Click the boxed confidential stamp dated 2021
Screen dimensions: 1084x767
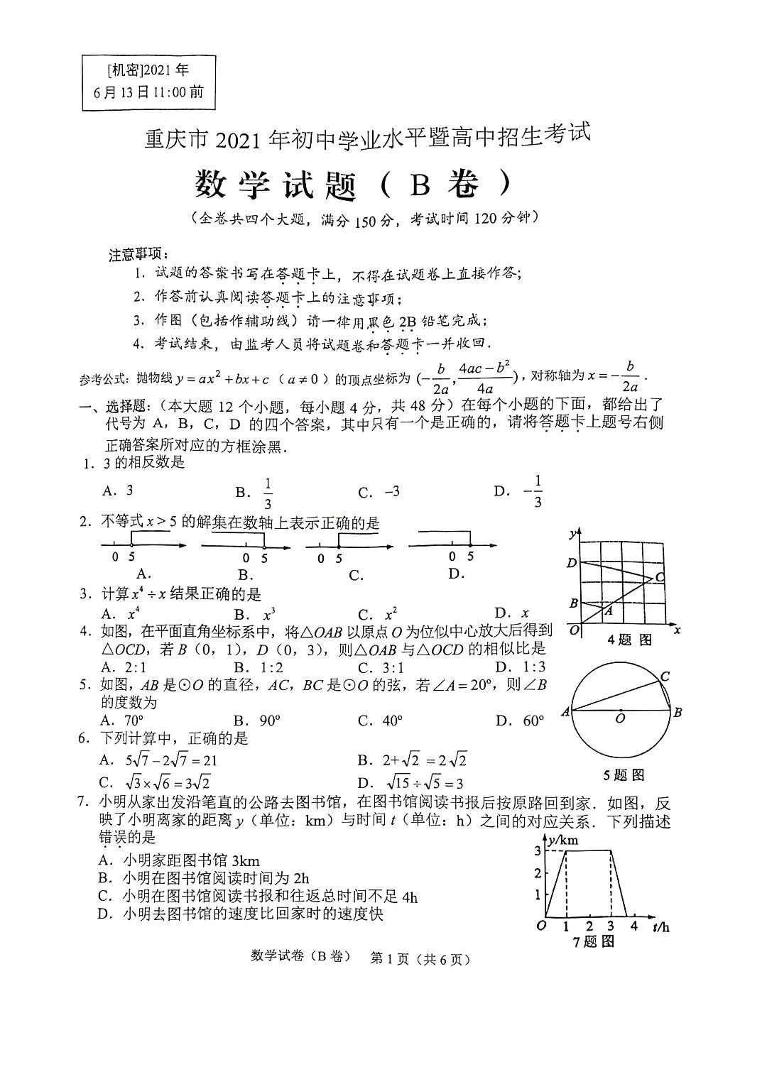pyautogui.click(x=148, y=81)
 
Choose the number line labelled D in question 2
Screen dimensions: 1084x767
pyautogui.click(x=452, y=546)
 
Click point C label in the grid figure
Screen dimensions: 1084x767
pyautogui.click(x=659, y=578)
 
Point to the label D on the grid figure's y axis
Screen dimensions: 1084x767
pyautogui.click(x=572, y=563)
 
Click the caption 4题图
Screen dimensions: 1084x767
pyautogui.click(x=629, y=640)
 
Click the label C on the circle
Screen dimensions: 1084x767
pyautogui.click(x=665, y=677)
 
